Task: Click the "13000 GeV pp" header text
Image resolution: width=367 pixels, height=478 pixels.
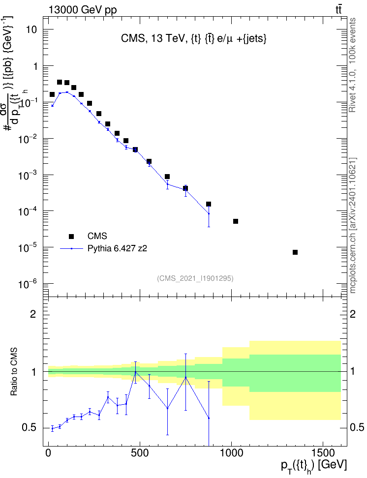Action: (83, 10)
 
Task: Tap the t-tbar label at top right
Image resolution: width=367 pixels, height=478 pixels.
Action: (338, 9)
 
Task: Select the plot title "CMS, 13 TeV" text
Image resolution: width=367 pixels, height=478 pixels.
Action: (154, 38)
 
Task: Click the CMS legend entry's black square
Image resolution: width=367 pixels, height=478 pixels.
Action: (71, 236)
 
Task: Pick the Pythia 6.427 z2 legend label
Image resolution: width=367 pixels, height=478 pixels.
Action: (117, 248)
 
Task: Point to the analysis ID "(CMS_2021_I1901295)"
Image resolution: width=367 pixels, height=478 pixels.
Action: (195, 278)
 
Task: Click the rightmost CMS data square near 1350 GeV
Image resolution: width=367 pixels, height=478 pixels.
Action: (295, 252)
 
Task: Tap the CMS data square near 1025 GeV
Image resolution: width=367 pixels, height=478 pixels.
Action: (236, 221)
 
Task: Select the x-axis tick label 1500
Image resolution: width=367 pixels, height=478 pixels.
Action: (322, 453)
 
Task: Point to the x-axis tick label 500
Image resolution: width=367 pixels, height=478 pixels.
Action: (140, 453)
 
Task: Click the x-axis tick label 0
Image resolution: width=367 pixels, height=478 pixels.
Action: (48, 453)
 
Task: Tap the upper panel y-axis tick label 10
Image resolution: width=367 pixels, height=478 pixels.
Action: (31, 30)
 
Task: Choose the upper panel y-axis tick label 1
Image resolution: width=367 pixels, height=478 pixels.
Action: (35, 66)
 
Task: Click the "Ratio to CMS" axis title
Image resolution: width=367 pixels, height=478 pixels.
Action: (14, 372)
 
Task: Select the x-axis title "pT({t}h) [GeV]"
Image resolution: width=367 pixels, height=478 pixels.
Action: (314, 466)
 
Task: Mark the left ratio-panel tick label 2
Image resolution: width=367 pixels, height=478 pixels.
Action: (33, 314)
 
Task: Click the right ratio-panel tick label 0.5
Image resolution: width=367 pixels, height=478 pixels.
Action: (357, 427)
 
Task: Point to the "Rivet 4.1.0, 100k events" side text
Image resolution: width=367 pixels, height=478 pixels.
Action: (352, 65)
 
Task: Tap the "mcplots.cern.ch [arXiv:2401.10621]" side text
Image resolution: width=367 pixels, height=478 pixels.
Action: (352, 225)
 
